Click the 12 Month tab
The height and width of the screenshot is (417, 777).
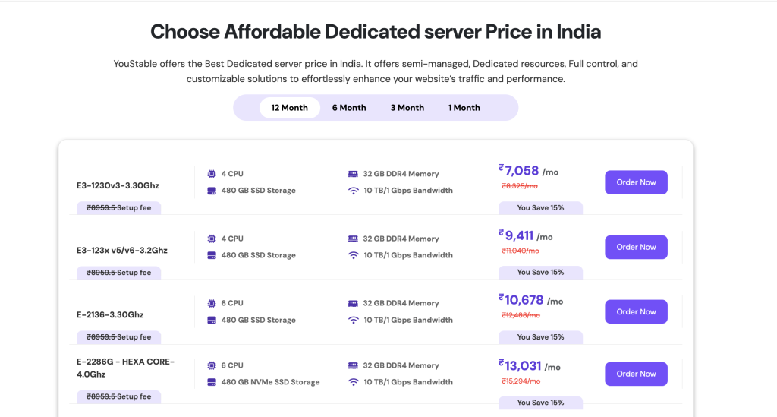pyautogui.click(x=289, y=108)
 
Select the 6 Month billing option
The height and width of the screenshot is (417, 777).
pyautogui.click(x=349, y=108)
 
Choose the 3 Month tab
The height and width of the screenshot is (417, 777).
pyautogui.click(x=407, y=108)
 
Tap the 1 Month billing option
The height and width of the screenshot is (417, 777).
pyautogui.click(x=464, y=108)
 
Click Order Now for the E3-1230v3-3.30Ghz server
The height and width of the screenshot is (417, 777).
pyautogui.click(x=636, y=182)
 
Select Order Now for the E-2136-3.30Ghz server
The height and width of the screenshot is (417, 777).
pyautogui.click(x=636, y=311)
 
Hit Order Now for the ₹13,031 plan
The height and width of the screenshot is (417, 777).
pyautogui.click(x=636, y=374)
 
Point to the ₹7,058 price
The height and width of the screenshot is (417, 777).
pyautogui.click(x=521, y=171)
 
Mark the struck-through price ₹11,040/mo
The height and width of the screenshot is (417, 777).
pyautogui.click(x=520, y=251)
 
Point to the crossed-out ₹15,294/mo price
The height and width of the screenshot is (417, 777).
pyautogui.click(x=520, y=381)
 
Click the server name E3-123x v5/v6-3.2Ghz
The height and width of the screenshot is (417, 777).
pyautogui.click(x=121, y=250)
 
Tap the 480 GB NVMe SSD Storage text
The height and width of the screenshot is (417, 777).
pyautogui.click(x=270, y=382)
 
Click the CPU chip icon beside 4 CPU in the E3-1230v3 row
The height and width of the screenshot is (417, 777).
pyautogui.click(x=212, y=174)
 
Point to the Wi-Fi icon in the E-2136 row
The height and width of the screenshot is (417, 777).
pyautogui.click(x=353, y=320)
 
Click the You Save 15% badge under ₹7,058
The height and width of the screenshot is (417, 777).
pyautogui.click(x=540, y=207)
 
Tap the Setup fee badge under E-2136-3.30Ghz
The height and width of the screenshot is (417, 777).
pyautogui.click(x=118, y=337)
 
